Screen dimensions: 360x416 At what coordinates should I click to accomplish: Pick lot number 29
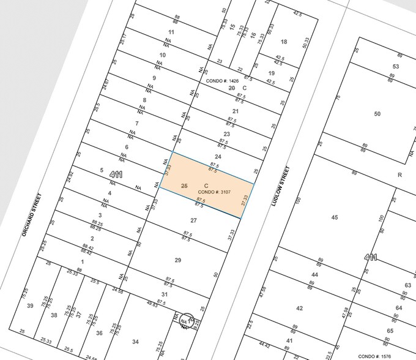click(178, 260)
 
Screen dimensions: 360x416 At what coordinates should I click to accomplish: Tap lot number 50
click(377, 114)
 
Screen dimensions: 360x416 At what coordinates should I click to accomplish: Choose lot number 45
click(334, 217)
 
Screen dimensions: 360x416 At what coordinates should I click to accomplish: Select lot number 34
click(135, 342)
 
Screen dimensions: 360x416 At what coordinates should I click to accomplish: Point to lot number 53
click(396, 66)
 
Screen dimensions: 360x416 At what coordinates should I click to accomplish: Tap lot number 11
click(171, 31)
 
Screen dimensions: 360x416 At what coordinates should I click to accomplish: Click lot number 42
click(300, 308)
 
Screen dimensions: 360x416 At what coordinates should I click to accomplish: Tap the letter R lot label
click(399, 174)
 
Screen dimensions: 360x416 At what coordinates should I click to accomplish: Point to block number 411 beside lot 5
click(116, 174)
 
